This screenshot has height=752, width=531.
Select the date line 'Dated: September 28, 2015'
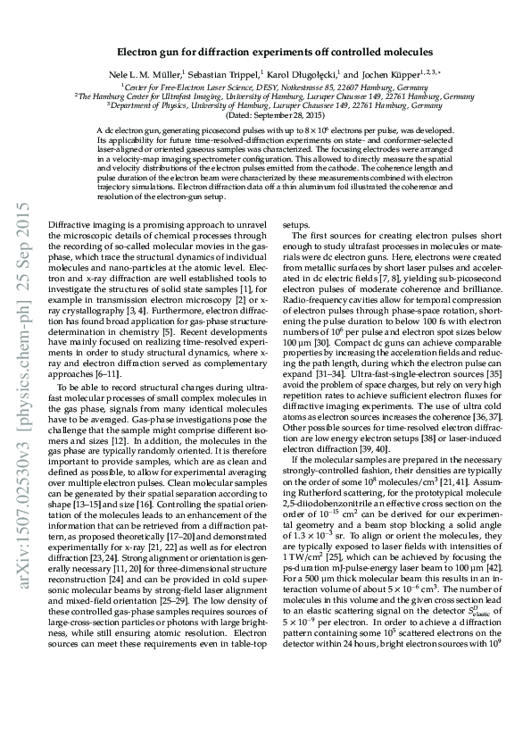coord(265,116)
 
